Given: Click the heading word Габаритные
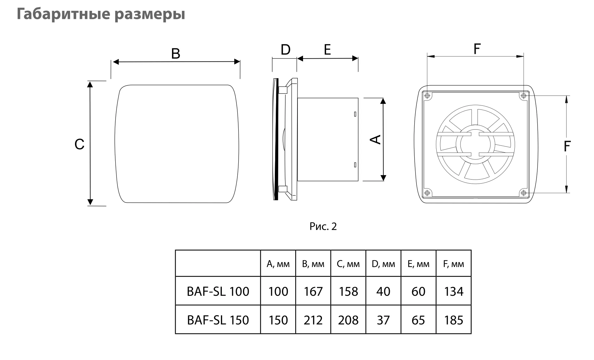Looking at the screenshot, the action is (63, 14).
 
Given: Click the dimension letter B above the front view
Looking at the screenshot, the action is (176, 54).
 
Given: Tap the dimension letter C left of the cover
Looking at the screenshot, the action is (79, 144).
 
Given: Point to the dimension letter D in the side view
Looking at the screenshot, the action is (285, 50).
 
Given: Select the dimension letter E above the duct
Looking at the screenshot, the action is (327, 50).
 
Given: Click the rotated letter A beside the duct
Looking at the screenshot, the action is (376, 140).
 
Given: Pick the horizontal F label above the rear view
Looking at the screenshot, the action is (477, 49).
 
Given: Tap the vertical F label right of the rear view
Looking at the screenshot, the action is (567, 146).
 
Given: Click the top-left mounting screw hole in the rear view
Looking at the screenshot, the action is (427, 96).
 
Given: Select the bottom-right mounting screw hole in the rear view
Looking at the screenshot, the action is (524, 193).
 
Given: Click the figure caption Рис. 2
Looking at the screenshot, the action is (323, 227).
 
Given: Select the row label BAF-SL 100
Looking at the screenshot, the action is (218, 291).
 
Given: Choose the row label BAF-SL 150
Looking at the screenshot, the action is (218, 320).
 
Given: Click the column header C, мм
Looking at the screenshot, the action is (348, 264).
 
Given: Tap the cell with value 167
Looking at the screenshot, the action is (313, 291).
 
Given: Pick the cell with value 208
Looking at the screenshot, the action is (348, 320).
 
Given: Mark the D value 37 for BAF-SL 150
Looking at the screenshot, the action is (383, 320).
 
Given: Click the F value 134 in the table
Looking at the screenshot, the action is (454, 291).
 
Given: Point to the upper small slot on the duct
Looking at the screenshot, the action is (355, 114).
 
